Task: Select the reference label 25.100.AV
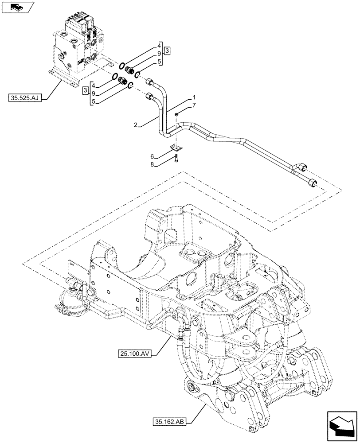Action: tap(135, 353)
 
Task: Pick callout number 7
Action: tap(193, 105)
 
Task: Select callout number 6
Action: tap(152, 157)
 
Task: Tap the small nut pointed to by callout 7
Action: tap(177, 115)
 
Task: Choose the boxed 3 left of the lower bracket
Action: tap(85, 91)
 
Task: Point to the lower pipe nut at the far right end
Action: tap(313, 181)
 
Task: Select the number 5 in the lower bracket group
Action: tap(93, 101)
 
